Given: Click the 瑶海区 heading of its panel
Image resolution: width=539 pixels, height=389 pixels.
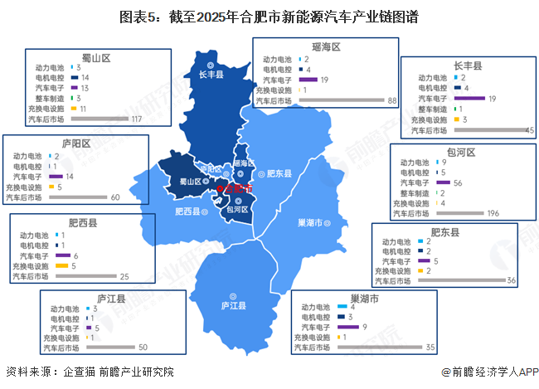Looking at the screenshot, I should (x=327, y=46).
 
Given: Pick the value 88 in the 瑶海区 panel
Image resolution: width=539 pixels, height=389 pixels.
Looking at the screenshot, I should (x=393, y=100).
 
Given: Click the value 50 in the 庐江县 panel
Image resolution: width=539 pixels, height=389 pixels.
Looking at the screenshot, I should (x=142, y=348).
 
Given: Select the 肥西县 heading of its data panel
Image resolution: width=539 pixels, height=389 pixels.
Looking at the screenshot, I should (x=83, y=223).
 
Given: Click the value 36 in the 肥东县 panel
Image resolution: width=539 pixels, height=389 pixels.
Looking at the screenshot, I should (x=512, y=281).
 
